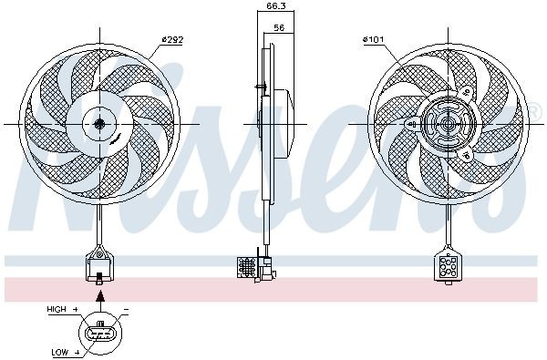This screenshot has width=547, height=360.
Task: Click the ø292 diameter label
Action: [172, 39]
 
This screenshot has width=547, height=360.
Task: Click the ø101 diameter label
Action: [375, 39]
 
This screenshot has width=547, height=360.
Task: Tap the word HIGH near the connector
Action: [57, 310]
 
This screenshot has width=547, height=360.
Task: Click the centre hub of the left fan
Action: [98, 123]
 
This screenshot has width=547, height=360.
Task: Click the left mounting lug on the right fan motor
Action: [415, 125]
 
